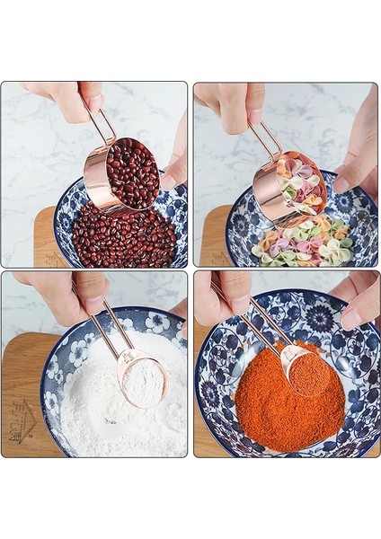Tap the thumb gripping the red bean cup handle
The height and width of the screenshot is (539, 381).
tap(91, 94)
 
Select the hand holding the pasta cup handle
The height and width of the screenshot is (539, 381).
tap(234, 103)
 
